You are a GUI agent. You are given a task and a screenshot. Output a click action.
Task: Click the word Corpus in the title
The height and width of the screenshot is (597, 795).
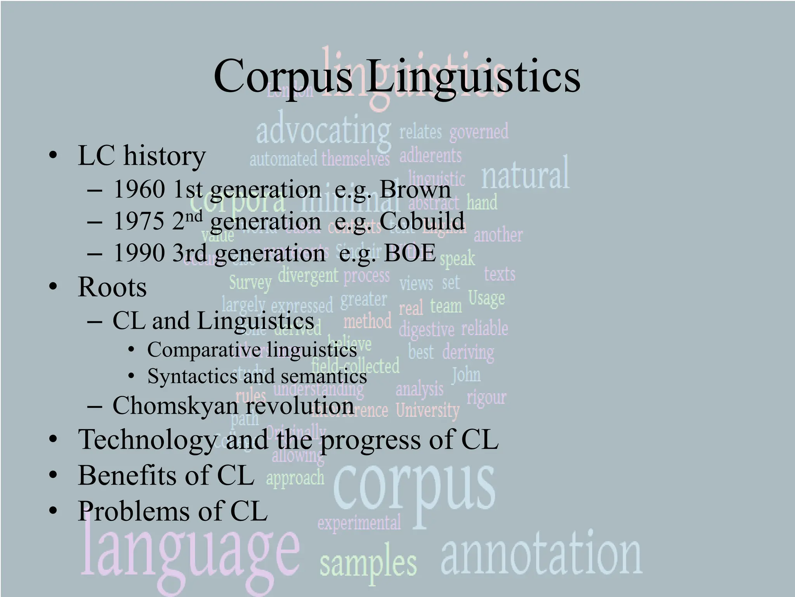click(x=283, y=77)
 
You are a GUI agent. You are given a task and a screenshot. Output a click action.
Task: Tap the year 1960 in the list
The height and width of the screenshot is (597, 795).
click(x=139, y=190)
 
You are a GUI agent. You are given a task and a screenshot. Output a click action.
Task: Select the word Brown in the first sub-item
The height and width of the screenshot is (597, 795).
click(x=415, y=190)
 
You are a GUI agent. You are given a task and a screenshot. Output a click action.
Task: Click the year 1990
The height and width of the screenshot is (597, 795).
click(x=139, y=253)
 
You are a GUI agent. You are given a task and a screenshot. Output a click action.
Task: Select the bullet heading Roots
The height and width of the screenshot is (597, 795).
click(x=112, y=287)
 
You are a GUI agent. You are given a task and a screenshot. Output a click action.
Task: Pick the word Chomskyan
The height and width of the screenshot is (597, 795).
click(x=175, y=406)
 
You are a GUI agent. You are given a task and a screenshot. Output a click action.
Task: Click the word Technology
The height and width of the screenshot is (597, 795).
click(x=148, y=440)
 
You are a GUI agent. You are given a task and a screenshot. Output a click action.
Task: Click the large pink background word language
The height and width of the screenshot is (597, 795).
click(x=190, y=552)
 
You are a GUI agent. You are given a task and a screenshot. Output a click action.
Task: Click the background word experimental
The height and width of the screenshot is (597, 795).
click(x=359, y=523)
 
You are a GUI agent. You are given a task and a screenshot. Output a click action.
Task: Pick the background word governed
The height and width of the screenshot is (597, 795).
click(x=479, y=132)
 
